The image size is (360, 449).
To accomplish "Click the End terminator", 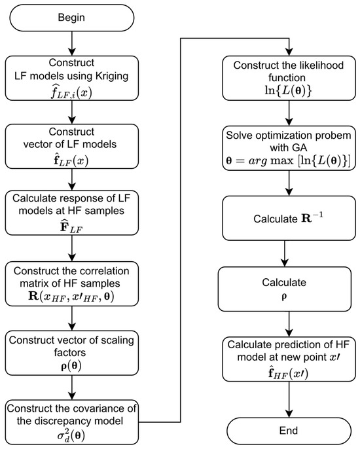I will click(x=287, y=430).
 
